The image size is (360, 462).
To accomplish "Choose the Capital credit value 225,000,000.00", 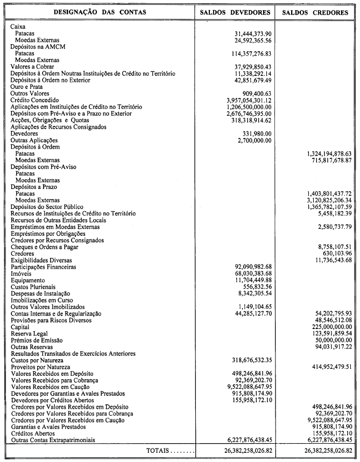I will coord(329,327).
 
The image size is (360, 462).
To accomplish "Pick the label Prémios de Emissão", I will coord(37,340).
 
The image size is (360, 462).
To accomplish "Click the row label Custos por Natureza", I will coord(37,360).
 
